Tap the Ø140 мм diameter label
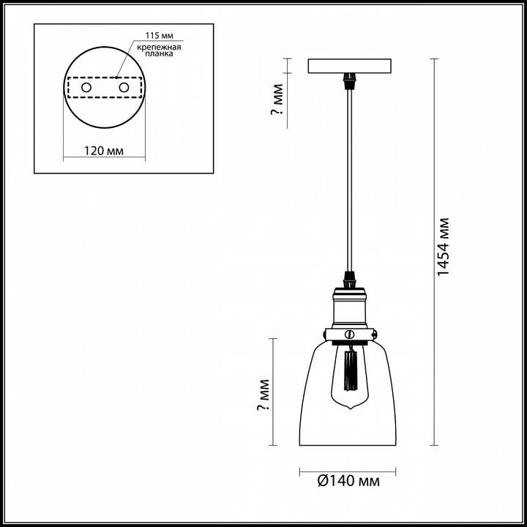coord(348,481)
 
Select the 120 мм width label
coord(103,152)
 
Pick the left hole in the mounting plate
coord(86,88)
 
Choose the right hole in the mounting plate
coord(124,88)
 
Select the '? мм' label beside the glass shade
coord(264,397)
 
